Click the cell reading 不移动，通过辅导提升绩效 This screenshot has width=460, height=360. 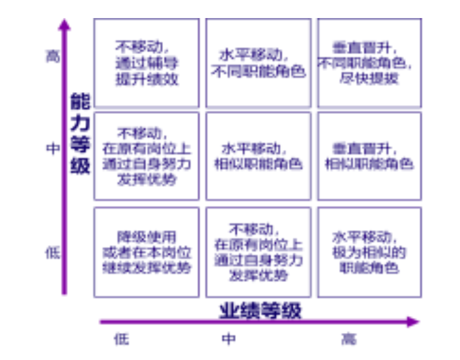(x=146, y=62)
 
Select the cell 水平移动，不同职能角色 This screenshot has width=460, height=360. (x=258, y=62)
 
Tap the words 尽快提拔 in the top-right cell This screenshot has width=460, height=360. (x=369, y=79)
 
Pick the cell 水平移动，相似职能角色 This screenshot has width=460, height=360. (x=258, y=156)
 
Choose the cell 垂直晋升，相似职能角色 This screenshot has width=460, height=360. (x=369, y=156)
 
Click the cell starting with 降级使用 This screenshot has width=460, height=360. (x=146, y=252)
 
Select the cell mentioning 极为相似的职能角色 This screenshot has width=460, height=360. (x=369, y=252)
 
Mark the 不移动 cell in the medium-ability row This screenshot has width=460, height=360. (x=146, y=156)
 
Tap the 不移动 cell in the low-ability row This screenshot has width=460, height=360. (x=258, y=252)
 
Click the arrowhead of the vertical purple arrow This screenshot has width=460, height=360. (x=63, y=24)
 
